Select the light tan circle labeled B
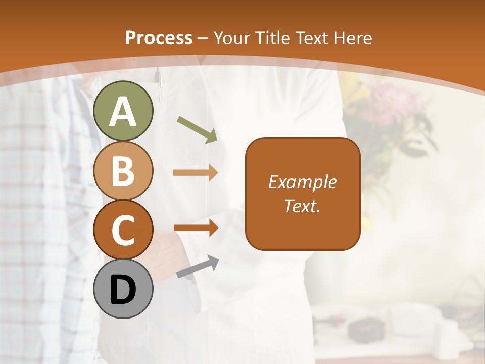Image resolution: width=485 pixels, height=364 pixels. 123,170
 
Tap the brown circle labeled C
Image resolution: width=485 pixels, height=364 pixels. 123,230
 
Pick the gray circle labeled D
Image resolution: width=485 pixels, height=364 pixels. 123,289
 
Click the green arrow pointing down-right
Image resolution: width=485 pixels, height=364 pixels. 197,128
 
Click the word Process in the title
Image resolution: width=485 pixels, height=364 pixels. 159,38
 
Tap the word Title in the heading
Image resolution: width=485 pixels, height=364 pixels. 273,38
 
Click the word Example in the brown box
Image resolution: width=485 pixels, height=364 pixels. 302,182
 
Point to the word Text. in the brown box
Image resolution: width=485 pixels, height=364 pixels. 302,206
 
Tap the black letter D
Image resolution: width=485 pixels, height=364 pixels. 123,290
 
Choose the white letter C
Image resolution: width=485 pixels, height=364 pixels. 123,231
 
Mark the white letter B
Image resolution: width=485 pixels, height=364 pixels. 123,171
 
